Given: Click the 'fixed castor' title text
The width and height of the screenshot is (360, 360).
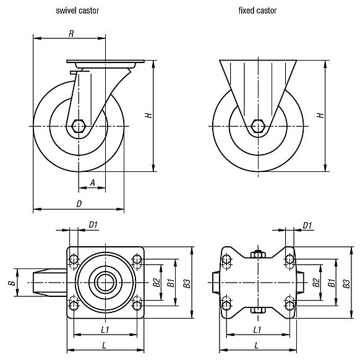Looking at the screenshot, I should pyautogui.click(x=257, y=11).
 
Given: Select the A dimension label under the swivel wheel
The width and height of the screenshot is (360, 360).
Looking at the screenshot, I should pyautogui.click(x=92, y=182).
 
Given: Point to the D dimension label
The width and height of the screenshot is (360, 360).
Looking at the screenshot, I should pyautogui.click(x=79, y=203).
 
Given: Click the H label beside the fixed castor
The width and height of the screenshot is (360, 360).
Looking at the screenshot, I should pyautogui.click(x=319, y=115).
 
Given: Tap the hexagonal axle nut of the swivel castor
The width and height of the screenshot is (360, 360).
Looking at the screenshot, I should pyautogui.click(x=78, y=126).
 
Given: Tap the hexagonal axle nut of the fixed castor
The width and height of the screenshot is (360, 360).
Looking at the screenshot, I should pyautogui.click(x=258, y=126).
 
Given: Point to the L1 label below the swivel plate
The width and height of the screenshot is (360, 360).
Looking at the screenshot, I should pyautogui.click(x=105, y=329).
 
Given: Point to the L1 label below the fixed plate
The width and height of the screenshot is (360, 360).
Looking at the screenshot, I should pyautogui.click(x=257, y=329).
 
